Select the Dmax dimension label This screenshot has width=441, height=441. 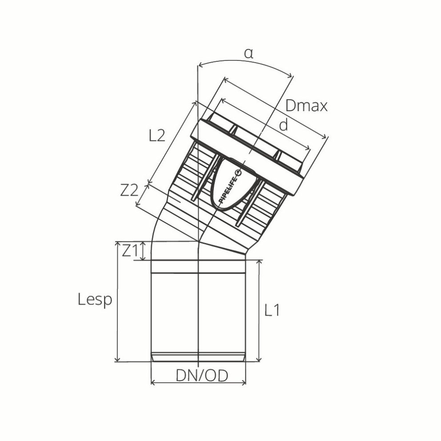[x=306, y=106]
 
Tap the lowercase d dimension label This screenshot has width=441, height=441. [x=283, y=125]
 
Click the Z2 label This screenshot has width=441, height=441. [x=129, y=190]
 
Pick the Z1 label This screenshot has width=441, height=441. [x=131, y=251]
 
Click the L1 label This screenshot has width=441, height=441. [x=272, y=310]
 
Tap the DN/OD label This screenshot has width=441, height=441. [x=202, y=376]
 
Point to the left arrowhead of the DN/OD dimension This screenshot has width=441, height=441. [x=153, y=382]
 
